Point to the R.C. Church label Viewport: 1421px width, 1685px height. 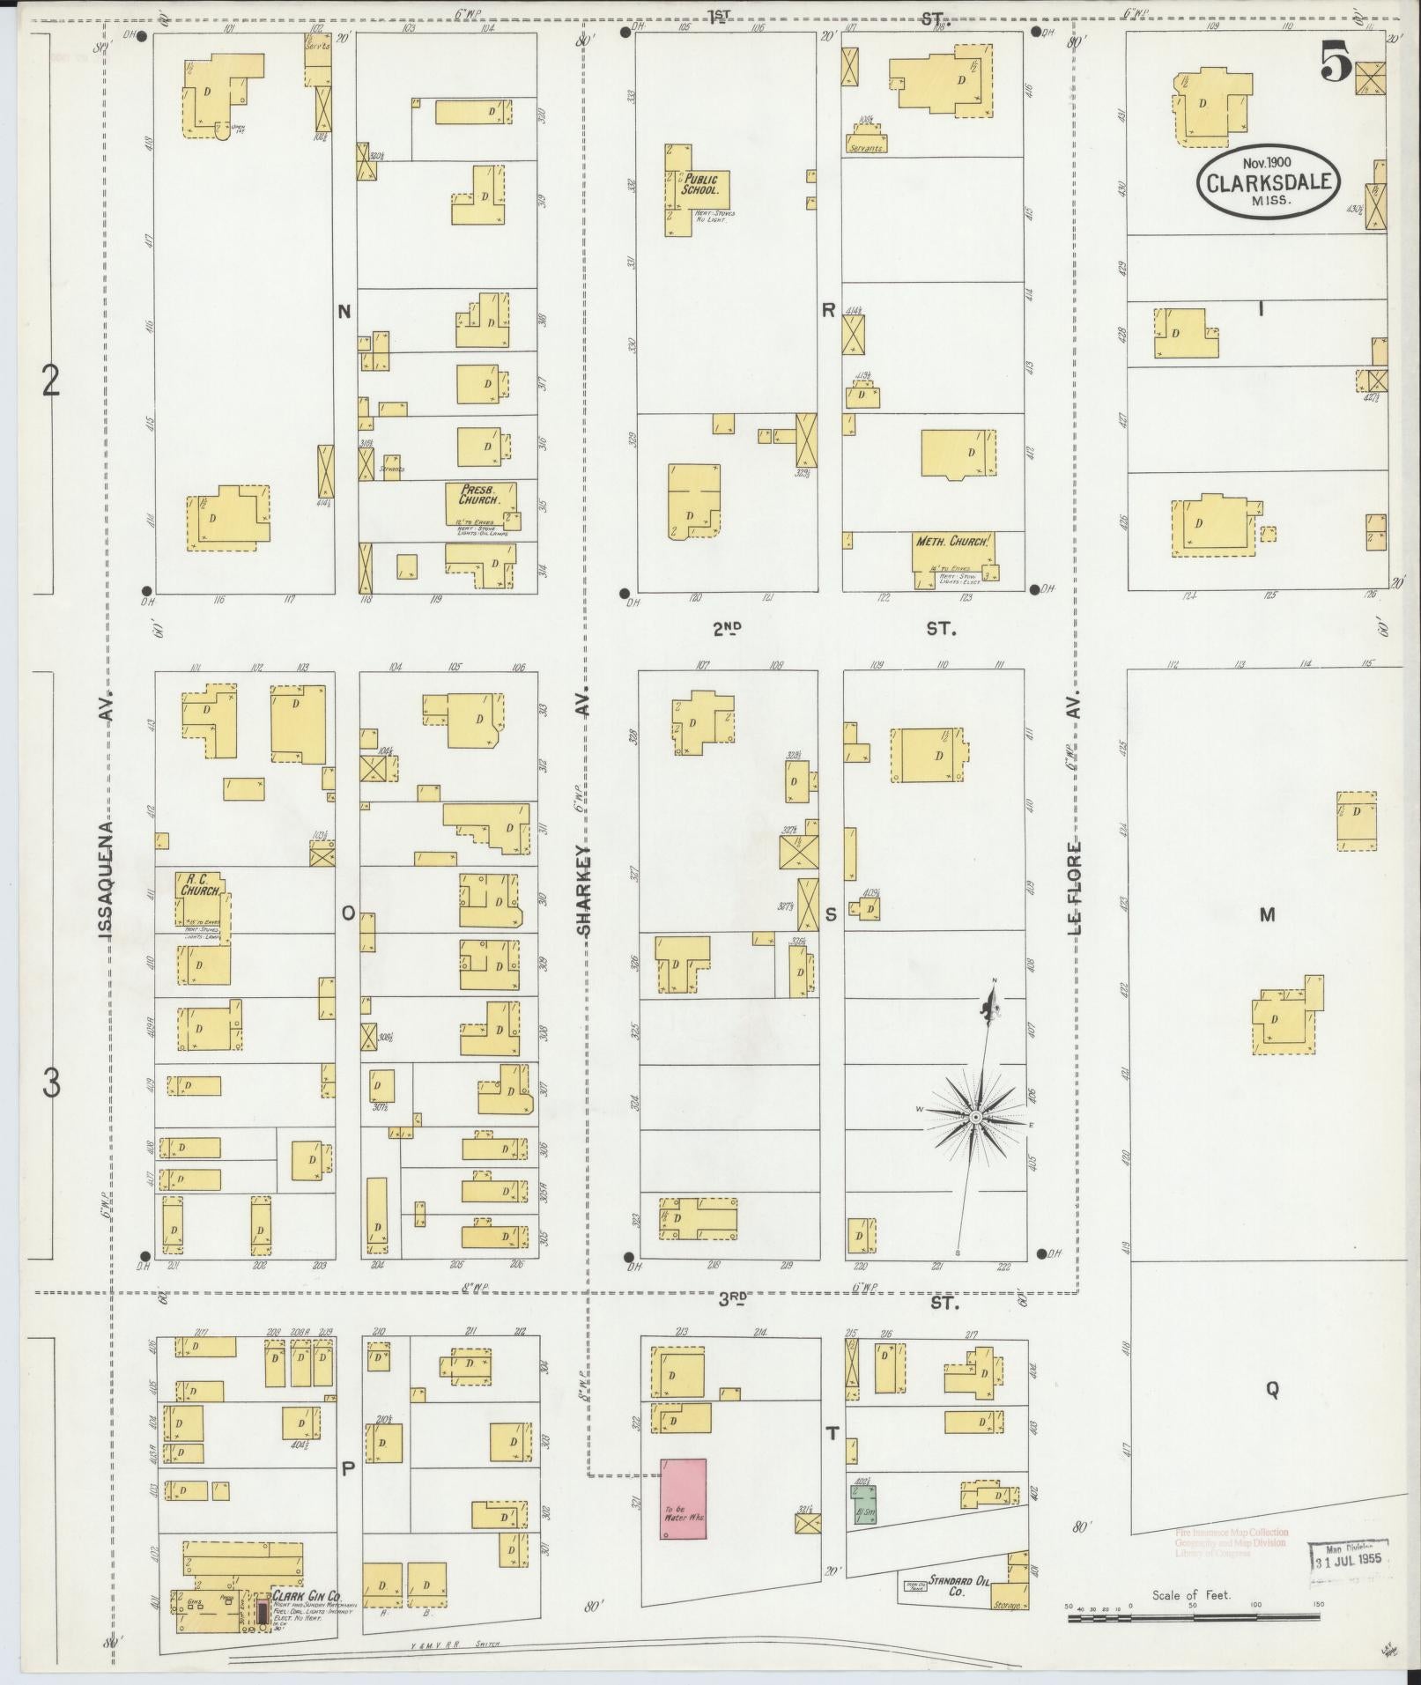[x=201, y=884]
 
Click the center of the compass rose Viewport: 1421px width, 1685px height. [x=975, y=1117]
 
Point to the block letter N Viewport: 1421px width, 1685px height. [x=344, y=310]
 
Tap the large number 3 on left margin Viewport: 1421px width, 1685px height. [x=51, y=1084]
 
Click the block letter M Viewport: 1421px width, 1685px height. [x=1267, y=915]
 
